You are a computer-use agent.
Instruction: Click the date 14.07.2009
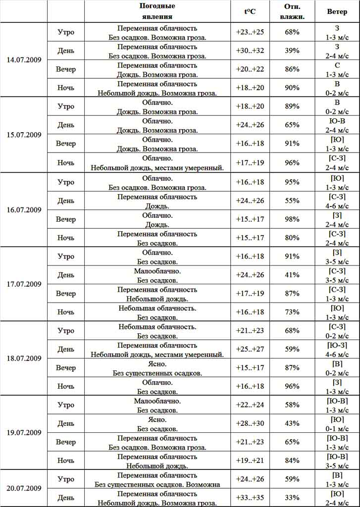(x=24, y=60)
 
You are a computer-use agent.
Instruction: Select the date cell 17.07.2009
(x=24, y=284)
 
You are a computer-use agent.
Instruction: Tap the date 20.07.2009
(x=24, y=488)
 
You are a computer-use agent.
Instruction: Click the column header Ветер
(x=337, y=11)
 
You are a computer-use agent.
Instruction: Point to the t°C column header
(x=250, y=11)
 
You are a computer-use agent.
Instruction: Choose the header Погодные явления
(x=157, y=11)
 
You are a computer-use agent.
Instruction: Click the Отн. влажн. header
(x=292, y=11)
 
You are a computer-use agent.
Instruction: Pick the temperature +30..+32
(x=250, y=51)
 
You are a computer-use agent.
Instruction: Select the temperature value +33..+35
(x=250, y=498)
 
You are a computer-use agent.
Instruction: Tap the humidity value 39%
(x=292, y=51)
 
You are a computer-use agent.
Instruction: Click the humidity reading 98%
(x=292, y=219)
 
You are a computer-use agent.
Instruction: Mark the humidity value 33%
(x=292, y=498)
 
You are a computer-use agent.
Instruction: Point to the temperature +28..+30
(x=250, y=424)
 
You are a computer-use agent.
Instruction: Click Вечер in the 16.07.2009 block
(x=66, y=219)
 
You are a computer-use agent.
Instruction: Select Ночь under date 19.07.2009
(x=66, y=460)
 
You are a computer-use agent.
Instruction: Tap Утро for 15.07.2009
(x=66, y=106)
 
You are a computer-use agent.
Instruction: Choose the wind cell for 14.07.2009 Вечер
(x=337, y=69)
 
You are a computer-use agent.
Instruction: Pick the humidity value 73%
(x=292, y=312)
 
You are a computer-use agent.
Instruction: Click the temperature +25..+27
(x=250, y=350)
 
